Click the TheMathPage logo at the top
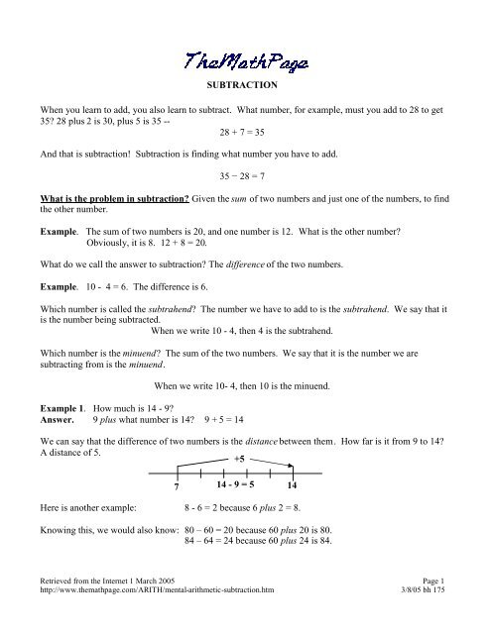click(x=245, y=62)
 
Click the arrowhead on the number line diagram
click(x=294, y=467)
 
